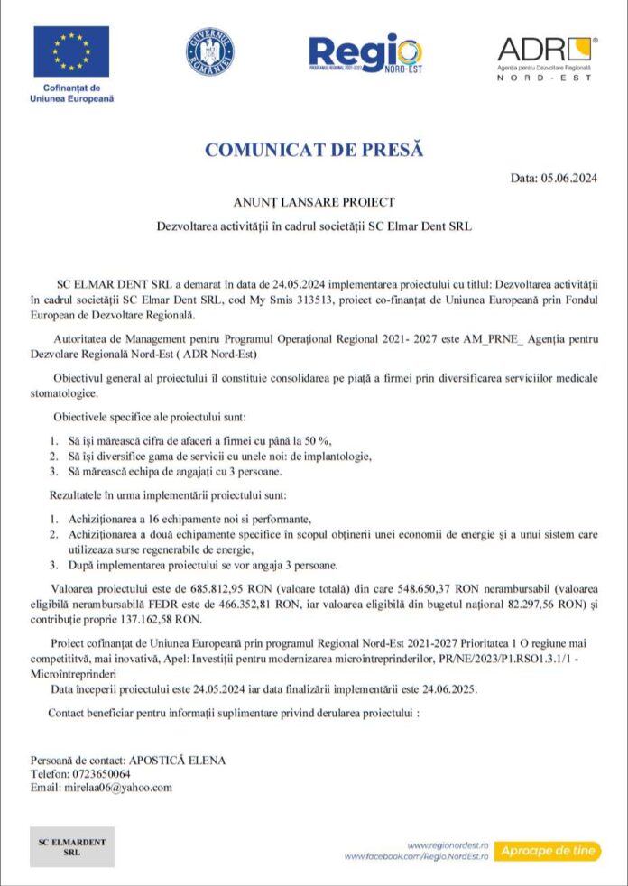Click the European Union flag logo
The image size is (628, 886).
point(71,51)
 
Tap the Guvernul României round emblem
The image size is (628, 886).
point(210,52)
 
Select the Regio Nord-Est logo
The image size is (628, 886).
point(364,54)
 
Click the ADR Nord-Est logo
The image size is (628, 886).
point(545,57)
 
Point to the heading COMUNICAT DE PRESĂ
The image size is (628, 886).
point(314,150)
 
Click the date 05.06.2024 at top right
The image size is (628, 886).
point(568,178)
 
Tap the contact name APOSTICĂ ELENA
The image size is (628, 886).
point(177,761)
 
